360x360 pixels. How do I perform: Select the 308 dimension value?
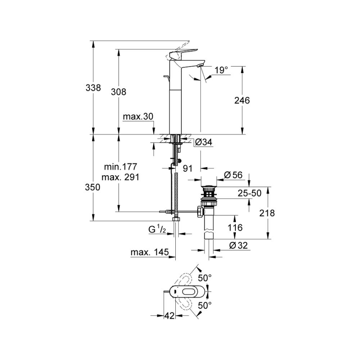[x=119, y=92]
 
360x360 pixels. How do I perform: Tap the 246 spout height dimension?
[x=242, y=100]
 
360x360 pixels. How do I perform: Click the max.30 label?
[x=138, y=117]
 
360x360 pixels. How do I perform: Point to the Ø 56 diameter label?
[x=233, y=175]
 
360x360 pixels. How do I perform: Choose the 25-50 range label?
[x=249, y=193]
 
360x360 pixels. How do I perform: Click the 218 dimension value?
[x=267, y=213]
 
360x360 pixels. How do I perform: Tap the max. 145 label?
[x=149, y=253]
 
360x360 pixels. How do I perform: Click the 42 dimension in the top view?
[x=169, y=316]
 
